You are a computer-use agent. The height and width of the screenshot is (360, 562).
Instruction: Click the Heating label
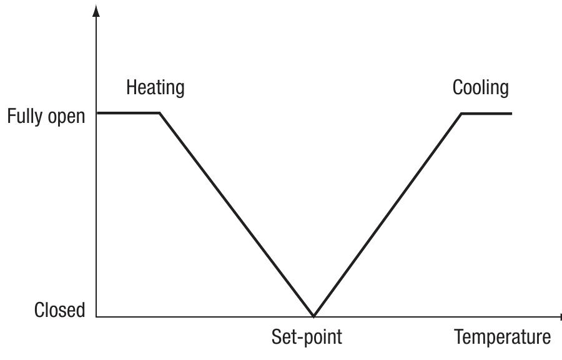click(155, 88)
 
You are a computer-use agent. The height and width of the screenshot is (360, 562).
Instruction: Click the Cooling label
click(480, 88)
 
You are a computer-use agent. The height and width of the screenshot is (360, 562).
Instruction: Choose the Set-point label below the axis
click(307, 338)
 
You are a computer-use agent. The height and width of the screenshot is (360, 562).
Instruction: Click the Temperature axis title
click(503, 338)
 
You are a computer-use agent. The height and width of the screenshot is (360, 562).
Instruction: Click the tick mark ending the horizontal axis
click(559, 317)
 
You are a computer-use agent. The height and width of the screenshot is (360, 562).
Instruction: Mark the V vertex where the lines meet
click(313, 316)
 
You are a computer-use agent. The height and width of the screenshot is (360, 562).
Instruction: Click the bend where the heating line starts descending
click(160, 113)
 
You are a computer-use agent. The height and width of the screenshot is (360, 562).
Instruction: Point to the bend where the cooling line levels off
click(461, 114)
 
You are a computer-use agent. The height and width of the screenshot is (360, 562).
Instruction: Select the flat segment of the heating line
click(128, 113)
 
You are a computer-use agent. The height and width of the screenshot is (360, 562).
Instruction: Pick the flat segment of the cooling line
click(486, 114)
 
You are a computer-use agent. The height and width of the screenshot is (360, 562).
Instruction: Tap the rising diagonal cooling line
click(387, 214)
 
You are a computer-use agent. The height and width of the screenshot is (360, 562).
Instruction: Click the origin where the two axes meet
click(96, 317)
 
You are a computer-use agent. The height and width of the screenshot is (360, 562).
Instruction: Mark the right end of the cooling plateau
click(511, 114)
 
